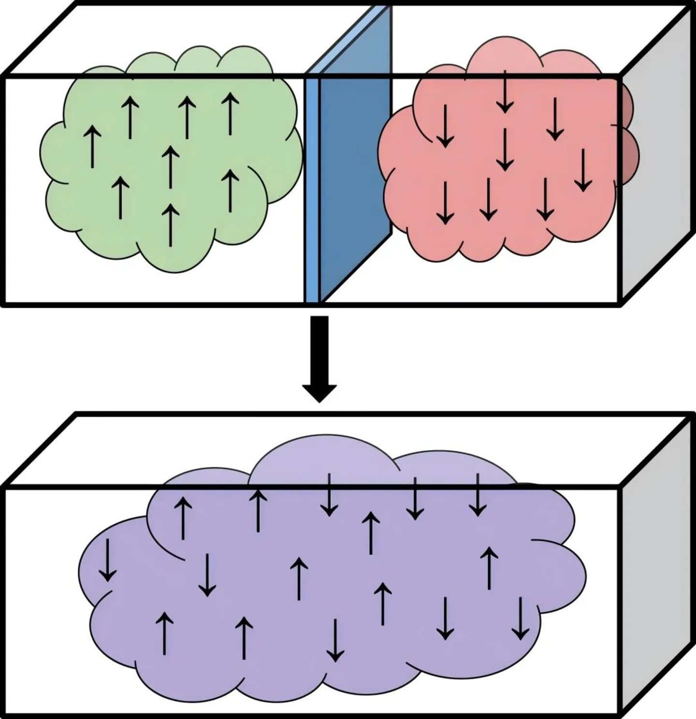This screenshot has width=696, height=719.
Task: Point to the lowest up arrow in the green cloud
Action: point(170,224)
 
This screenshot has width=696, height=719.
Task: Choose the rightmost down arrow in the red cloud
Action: point(583,169)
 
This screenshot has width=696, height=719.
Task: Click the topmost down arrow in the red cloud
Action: point(505,92)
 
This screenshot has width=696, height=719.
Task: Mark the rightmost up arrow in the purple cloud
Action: point(490,568)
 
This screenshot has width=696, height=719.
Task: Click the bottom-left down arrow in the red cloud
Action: point(445,203)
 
